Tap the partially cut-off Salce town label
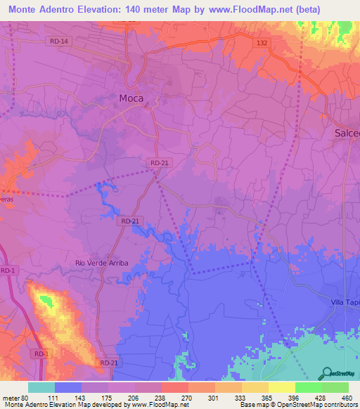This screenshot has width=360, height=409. [x=345, y=133]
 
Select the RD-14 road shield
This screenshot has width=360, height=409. [x=60, y=41]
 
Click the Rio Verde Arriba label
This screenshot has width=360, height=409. [x=102, y=263]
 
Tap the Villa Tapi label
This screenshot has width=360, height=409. [x=345, y=301]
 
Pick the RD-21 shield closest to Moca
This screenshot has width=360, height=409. [x=157, y=163]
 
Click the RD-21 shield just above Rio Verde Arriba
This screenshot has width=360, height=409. [x=127, y=221]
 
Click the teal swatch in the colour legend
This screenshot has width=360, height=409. [x=41, y=388]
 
